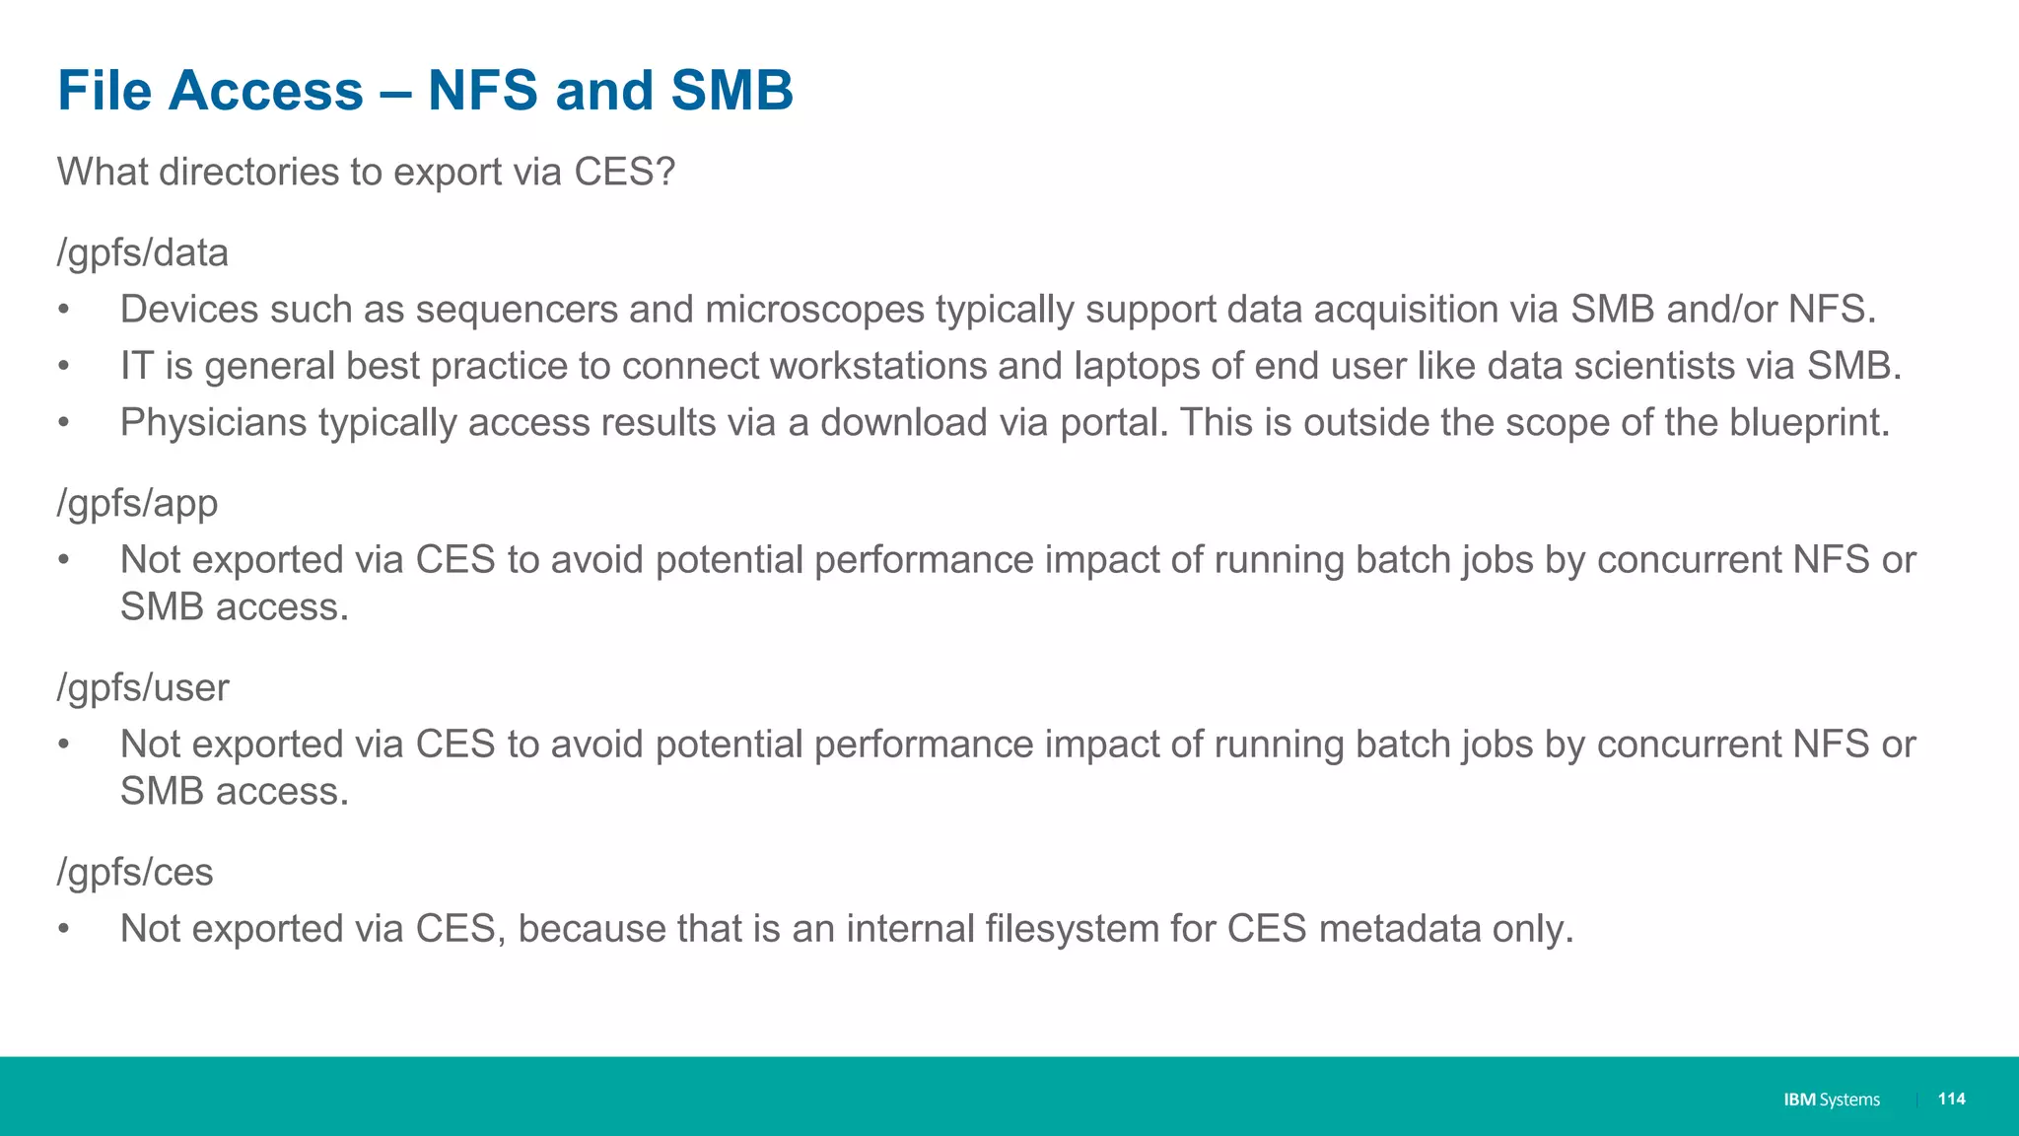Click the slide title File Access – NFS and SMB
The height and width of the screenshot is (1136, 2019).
click(x=425, y=91)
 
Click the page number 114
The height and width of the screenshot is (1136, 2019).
click(x=1951, y=1099)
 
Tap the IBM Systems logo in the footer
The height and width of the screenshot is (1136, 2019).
click(x=1831, y=1100)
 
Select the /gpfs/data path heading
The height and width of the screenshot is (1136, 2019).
click(x=143, y=253)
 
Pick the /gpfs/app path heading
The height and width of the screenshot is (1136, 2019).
click(x=137, y=504)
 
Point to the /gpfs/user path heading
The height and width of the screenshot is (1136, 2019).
click(x=143, y=688)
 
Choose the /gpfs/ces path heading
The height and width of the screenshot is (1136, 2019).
click(x=135, y=873)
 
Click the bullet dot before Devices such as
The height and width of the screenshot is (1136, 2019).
click(x=64, y=311)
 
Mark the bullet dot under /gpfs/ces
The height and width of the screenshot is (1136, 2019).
click(x=64, y=930)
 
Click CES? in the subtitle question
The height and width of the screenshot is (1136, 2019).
click(x=624, y=173)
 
